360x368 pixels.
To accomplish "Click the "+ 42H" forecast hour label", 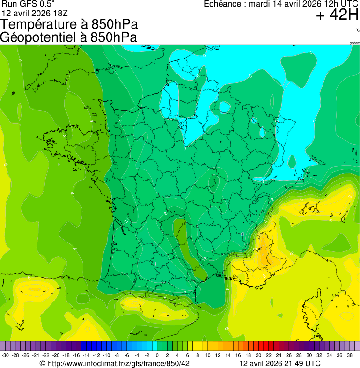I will (x=337, y=15).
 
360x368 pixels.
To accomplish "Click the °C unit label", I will (x=357, y=30).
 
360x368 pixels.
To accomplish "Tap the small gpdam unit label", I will (x=354, y=43).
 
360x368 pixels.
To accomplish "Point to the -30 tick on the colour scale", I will (x=6, y=355).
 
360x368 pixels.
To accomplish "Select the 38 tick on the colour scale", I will (x=350, y=355).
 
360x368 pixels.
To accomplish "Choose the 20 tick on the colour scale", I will (x=258, y=355).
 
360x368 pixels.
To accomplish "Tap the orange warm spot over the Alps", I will (x=268, y=255).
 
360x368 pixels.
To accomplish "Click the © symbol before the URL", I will (x=43, y=363).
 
